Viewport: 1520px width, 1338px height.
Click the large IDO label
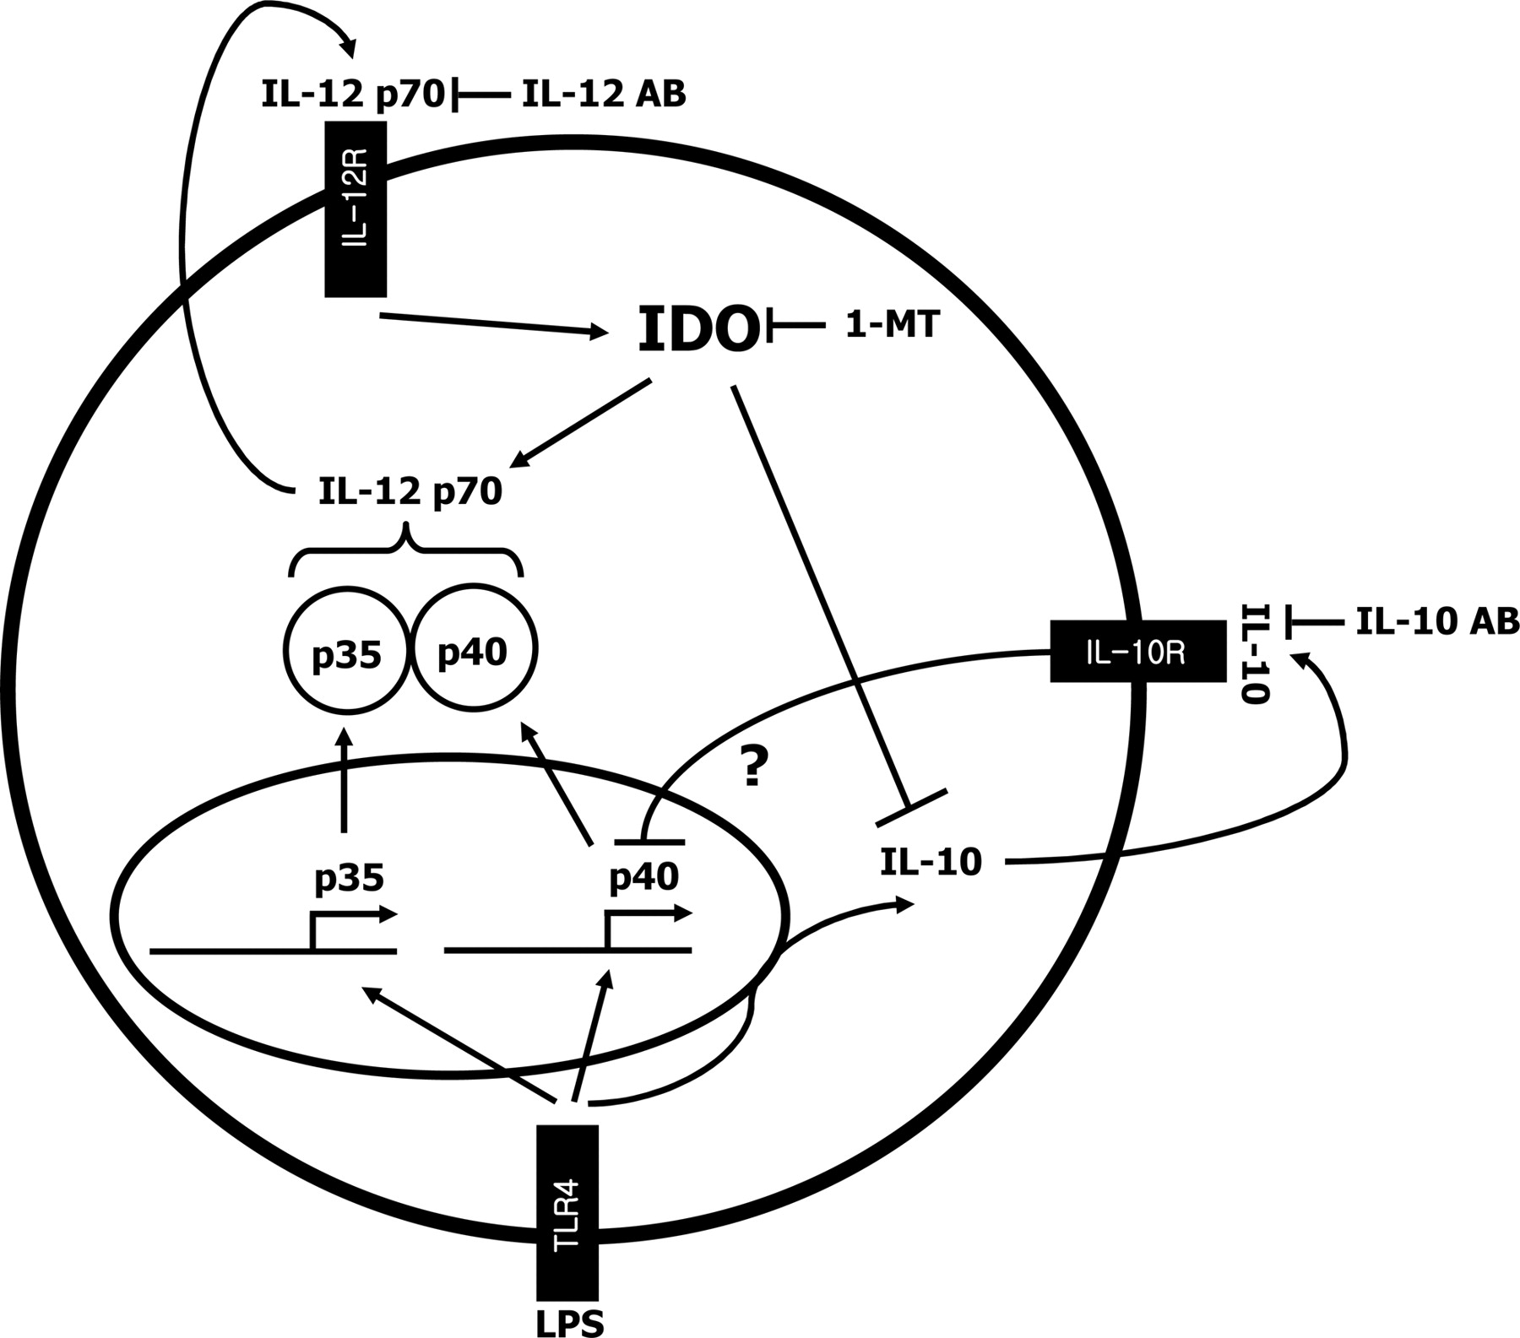pyautogui.click(x=698, y=331)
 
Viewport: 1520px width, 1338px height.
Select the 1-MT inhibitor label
pyautogui.click(x=892, y=325)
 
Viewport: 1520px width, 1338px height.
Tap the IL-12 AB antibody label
pyautogui.click(x=604, y=95)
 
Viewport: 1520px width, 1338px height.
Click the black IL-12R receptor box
pyautogui.click(x=356, y=209)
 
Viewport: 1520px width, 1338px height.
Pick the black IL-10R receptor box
pyautogui.click(x=1137, y=651)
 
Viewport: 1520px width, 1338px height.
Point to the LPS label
pyautogui.click(x=570, y=1321)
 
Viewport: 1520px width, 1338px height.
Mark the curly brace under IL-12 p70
pyautogui.click(x=406, y=550)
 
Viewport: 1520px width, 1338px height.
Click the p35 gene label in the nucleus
pyautogui.click(x=349, y=879)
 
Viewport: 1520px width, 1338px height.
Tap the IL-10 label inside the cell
pyautogui.click(x=931, y=862)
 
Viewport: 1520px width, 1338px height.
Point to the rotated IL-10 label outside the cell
pyautogui.click(x=1256, y=653)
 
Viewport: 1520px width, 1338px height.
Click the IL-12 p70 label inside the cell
pyautogui.click(x=410, y=490)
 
